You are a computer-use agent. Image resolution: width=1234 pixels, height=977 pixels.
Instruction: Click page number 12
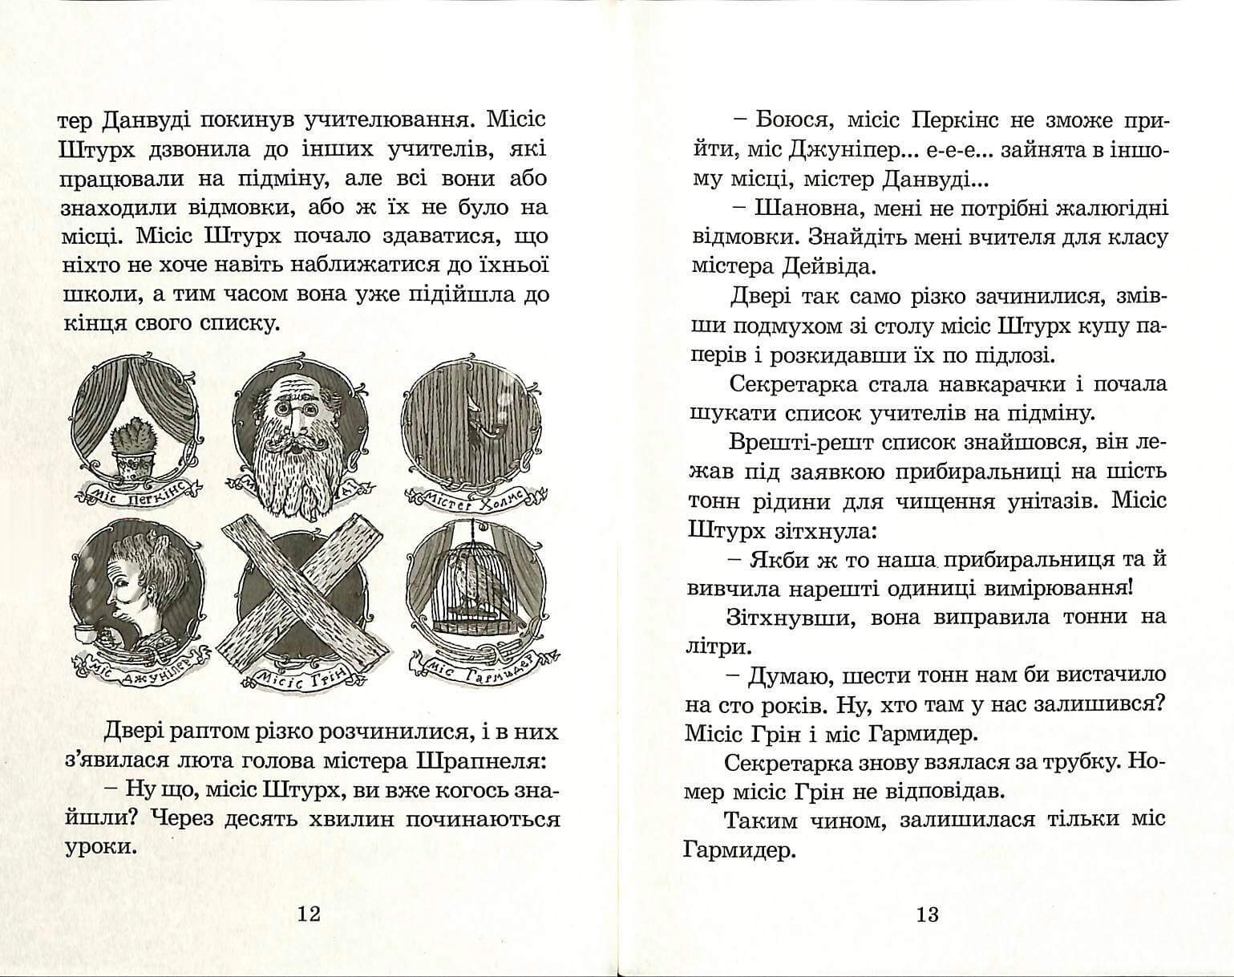pos(309,914)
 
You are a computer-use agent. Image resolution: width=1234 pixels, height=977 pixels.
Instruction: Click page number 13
pos(927,914)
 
